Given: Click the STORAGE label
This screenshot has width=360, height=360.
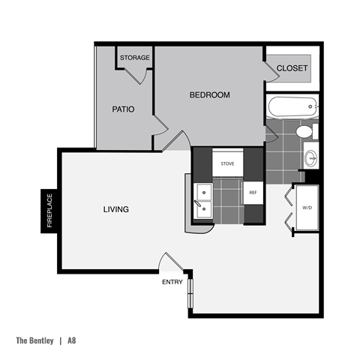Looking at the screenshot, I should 135,58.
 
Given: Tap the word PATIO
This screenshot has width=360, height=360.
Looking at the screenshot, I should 123,109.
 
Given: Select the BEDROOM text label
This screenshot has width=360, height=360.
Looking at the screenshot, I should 209,95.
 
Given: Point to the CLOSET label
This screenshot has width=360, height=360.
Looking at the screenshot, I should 292,68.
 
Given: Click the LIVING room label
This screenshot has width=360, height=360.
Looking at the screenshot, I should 115,209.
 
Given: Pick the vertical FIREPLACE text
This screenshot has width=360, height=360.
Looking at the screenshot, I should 50,211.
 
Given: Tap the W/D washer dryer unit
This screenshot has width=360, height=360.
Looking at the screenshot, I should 307,207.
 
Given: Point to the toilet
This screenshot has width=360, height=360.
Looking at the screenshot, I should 305,132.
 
